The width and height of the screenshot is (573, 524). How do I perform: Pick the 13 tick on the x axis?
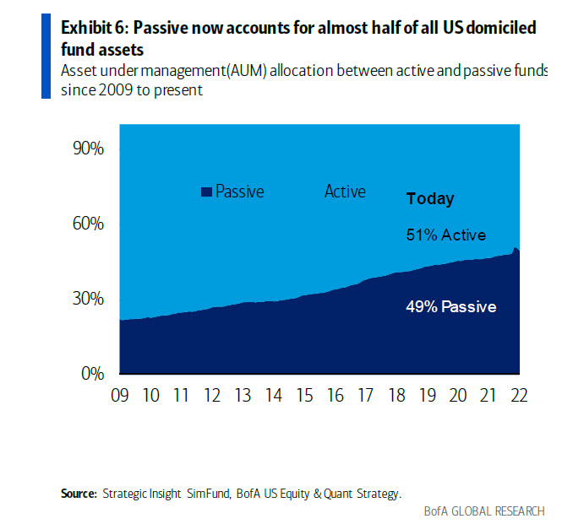[243, 397]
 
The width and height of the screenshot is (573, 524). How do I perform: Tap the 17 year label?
[365, 397]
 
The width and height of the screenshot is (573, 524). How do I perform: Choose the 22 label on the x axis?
[519, 397]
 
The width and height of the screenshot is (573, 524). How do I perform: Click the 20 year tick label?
[457, 397]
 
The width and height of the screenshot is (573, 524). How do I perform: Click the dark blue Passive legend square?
[205, 192]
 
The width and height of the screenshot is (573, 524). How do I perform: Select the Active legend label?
[345, 192]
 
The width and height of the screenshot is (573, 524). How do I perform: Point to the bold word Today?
[430, 199]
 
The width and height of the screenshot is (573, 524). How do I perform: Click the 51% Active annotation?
[446, 235]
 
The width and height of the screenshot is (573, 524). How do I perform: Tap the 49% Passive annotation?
[451, 306]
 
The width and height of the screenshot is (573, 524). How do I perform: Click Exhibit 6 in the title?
[94, 27]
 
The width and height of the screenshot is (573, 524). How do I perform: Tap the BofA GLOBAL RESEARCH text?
[484, 511]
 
